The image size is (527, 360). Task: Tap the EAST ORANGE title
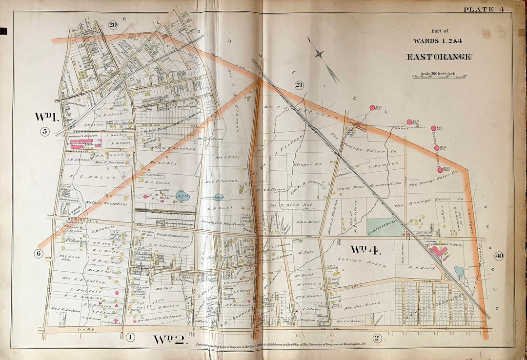[x=439, y=57]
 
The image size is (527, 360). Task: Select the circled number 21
[x=299, y=85]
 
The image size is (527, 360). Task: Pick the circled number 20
[x=113, y=25]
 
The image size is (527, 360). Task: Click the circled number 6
[x=39, y=253]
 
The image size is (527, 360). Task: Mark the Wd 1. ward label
[x=47, y=116]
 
